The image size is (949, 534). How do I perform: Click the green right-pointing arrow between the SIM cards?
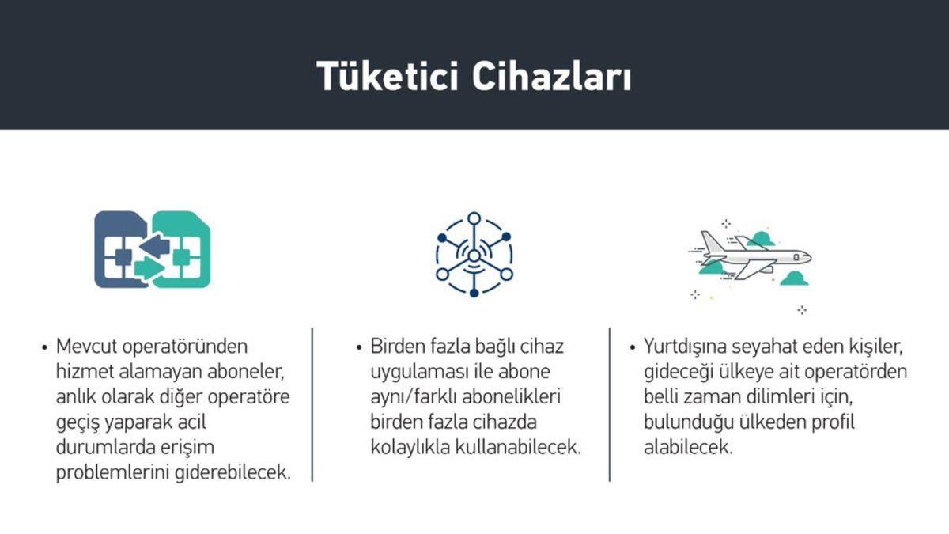click(149, 268)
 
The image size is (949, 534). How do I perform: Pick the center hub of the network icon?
click(474, 255)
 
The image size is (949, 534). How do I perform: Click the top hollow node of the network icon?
click(474, 219)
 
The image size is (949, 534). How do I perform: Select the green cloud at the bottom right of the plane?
click(793, 278)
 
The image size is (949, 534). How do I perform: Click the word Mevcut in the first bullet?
click(85, 347)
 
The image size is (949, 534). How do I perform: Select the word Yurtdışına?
click(687, 347)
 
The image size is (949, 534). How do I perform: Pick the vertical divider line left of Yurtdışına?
click(610, 403)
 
